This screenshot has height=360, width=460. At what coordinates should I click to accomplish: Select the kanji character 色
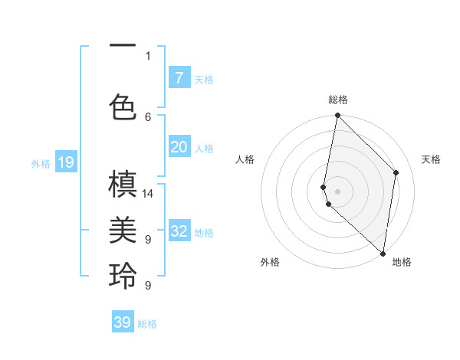tap(123, 107)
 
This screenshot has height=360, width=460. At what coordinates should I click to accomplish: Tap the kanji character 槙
tap(123, 186)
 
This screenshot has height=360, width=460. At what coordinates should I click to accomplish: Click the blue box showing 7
tap(179, 78)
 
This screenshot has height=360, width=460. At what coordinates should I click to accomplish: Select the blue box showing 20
tap(179, 147)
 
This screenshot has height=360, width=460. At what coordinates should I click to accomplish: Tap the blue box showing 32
tap(179, 231)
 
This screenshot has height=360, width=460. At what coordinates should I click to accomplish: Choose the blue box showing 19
tap(65, 162)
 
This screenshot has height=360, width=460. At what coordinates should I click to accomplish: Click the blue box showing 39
tap(123, 322)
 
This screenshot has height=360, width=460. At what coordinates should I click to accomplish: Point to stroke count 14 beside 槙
tap(149, 193)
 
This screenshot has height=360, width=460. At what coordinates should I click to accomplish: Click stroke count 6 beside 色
tap(148, 116)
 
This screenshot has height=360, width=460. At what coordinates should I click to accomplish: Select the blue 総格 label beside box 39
tap(147, 324)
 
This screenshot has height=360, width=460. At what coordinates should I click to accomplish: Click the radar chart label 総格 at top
tap(338, 100)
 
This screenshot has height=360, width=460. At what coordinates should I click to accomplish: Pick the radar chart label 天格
tap(431, 159)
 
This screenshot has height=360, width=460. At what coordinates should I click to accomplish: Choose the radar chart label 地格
tap(402, 262)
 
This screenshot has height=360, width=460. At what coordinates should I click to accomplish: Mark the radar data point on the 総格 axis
tap(337, 116)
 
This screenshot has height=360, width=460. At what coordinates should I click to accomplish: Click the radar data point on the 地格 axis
tap(383, 254)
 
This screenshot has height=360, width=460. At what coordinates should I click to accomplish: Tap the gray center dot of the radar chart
tap(337, 191)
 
